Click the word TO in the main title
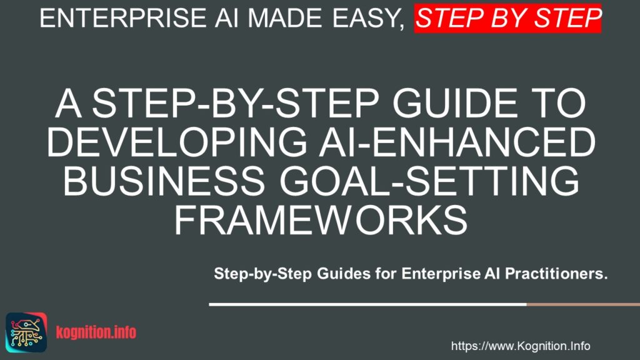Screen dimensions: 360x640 (x=562, y=104)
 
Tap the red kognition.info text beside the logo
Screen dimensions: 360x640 (x=95, y=332)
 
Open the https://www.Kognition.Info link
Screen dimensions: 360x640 (x=521, y=346)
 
